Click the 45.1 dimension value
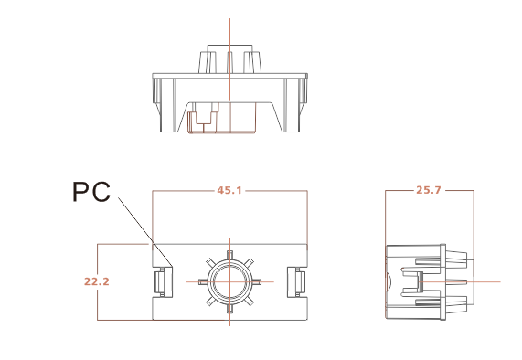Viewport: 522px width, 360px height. pyautogui.click(x=229, y=190)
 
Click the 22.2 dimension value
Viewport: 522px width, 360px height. pyautogui.click(x=97, y=281)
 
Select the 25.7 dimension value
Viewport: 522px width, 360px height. pyautogui.click(x=429, y=190)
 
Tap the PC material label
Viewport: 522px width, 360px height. pyautogui.click(x=91, y=192)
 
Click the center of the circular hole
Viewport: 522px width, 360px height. pyautogui.click(x=229, y=281)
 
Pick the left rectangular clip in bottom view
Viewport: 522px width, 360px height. pyautogui.click(x=163, y=281)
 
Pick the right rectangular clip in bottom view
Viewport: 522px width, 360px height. pyautogui.click(x=296, y=281)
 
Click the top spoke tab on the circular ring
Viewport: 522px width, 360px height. pyautogui.click(x=229, y=255)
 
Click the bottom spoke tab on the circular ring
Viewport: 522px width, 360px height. pyautogui.click(x=229, y=309)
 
